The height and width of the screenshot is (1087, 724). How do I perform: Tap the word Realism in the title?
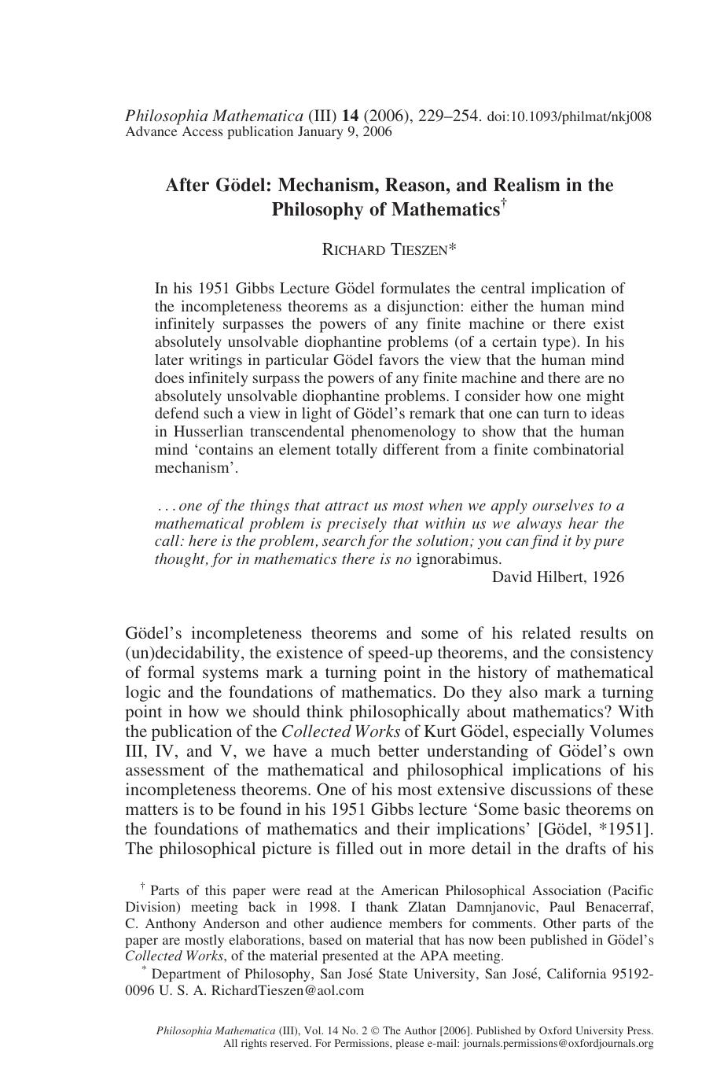click(529, 186)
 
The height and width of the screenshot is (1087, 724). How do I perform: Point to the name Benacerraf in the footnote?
click(616, 907)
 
